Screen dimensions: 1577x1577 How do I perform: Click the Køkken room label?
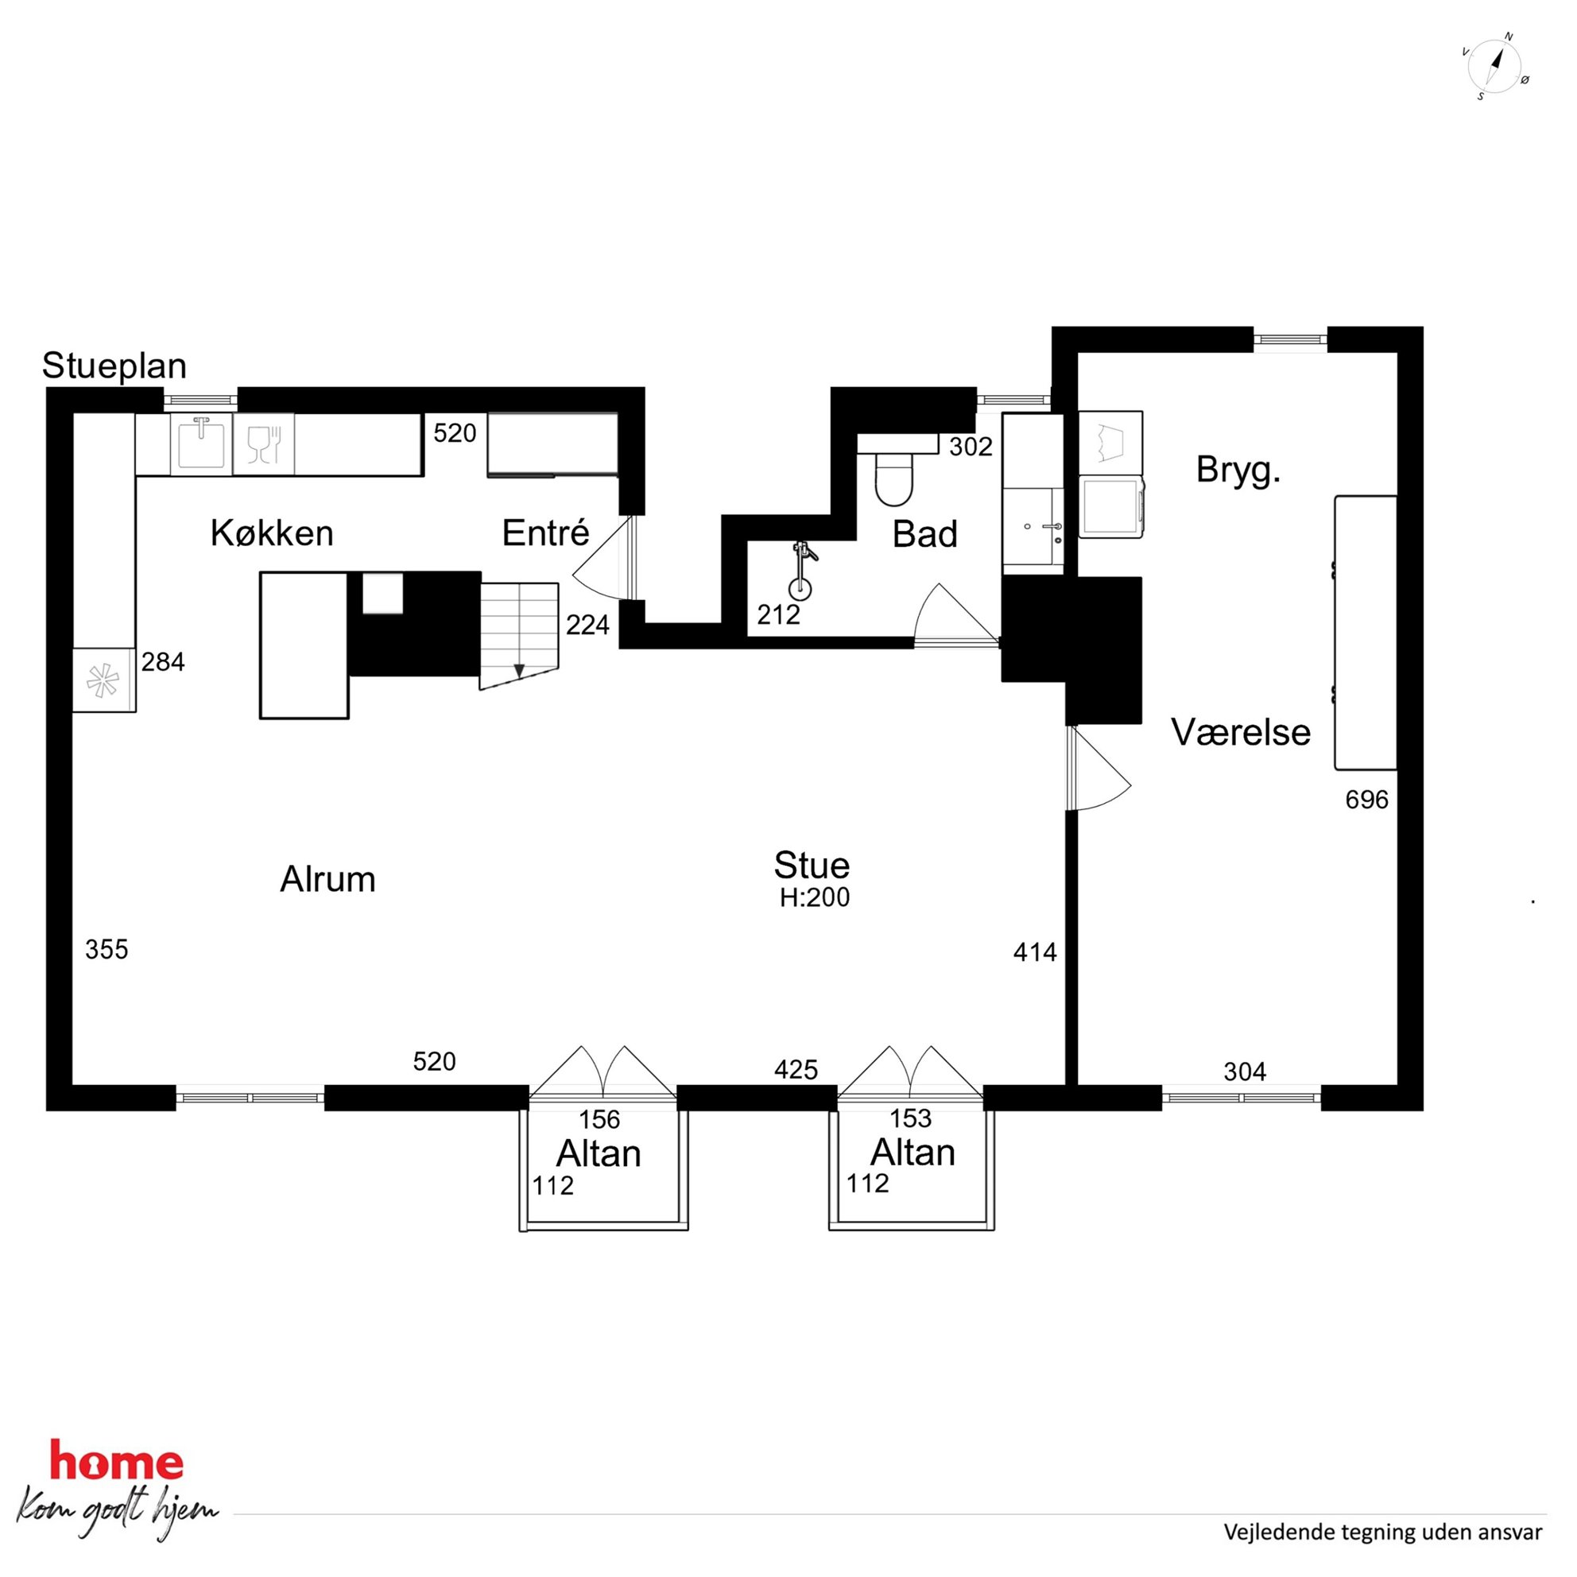pyautogui.click(x=272, y=533)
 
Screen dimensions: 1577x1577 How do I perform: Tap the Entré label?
pyautogui.click(x=545, y=533)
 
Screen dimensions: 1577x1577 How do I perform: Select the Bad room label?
pyautogui.click(x=924, y=535)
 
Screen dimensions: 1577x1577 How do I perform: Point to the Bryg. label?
pyautogui.click(x=1238, y=471)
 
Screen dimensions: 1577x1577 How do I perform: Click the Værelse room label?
pyautogui.click(x=1241, y=732)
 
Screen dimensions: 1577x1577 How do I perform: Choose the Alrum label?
pyautogui.click(x=328, y=880)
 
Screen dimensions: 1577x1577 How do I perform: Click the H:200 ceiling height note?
pyautogui.click(x=815, y=898)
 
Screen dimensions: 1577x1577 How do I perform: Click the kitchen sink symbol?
pyautogui.click(x=201, y=444)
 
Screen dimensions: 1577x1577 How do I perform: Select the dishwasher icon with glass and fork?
pyautogui.click(x=264, y=445)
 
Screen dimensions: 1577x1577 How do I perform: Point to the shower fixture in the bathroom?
pyautogui.click(x=801, y=569)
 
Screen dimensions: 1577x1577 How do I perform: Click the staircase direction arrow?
pyautogui.click(x=518, y=670)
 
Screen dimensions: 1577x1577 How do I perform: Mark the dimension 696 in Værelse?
pyautogui.click(x=1366, y=800)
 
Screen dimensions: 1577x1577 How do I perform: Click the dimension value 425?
pyautogui.click(x=796, y=1069)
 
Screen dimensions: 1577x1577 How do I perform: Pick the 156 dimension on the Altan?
pyautogui.click(x=599, y=1119)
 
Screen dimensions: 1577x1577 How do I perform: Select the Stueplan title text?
pyautogui.click(x=114, y=366)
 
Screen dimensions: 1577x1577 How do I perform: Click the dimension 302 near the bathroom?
pyautogui.click(x=971, y=447)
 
